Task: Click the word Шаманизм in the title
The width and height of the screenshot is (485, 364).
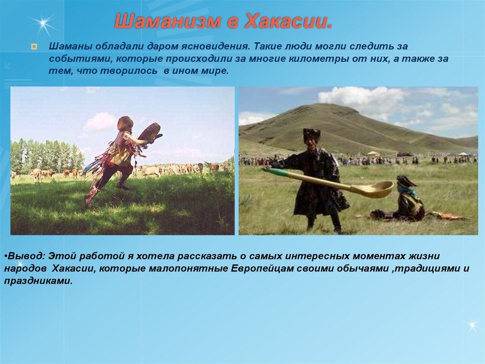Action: click(x=168, y=21)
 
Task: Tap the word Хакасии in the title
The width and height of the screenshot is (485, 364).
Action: click(x=288, y=21)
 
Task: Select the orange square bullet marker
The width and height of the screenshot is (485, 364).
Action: click(x=34, y=47)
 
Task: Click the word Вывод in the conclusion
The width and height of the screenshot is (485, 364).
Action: click(x=27, y=256)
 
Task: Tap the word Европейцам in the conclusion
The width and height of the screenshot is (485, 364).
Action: click(x=262, y=269)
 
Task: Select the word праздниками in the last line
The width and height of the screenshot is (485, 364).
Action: click(x=38, y=281)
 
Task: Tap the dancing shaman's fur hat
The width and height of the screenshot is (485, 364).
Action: click(x=125, y=123)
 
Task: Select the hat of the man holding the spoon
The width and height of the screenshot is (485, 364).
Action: click(x=312, y=134)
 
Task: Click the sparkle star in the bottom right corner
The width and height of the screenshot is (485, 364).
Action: click(x=472, y=326)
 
